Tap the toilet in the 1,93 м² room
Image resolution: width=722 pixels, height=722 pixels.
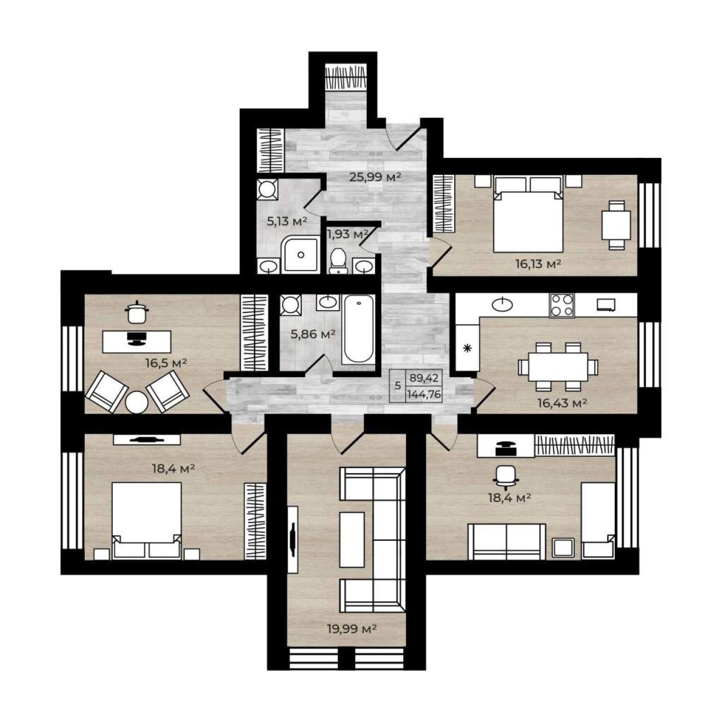click(339, 261)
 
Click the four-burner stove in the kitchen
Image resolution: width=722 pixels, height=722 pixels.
click(562, 306)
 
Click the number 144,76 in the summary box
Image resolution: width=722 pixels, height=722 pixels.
click(425, 394)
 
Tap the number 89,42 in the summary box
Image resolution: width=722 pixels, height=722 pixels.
click(424, 378)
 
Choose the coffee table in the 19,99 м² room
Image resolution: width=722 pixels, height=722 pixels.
click(351, 540)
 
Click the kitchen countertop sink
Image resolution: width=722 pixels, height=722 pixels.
click(501, 304)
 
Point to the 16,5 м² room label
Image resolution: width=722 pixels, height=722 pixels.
click(166, 363)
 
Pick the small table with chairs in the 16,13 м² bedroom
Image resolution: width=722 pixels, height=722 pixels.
click(617, 225)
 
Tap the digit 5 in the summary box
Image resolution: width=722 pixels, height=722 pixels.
click(398, 386)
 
